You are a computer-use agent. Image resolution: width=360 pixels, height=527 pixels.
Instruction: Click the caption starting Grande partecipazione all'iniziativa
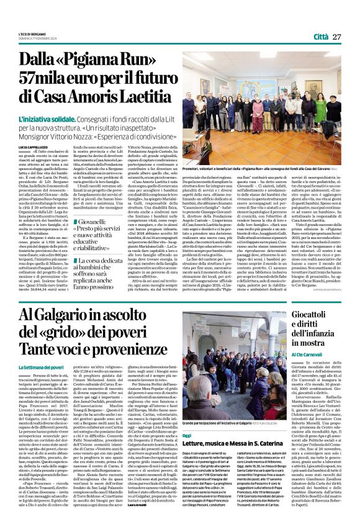pyautogui.click(x=225, y=441)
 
